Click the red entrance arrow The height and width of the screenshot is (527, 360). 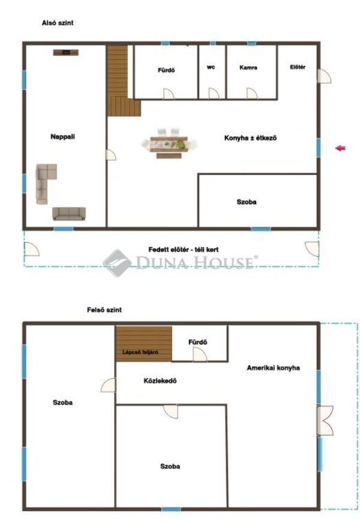pyautogui.click(x=340, y=148)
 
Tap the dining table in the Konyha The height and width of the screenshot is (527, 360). pyautogui.click(x=169, y=144)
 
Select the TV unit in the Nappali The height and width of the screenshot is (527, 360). pyautogui.click(x=66, y=52)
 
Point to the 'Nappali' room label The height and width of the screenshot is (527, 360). pyautogui.click(x=62, y=137)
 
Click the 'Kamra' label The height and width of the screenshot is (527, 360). pyautogui.click(x=248, y=68)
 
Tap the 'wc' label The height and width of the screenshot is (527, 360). pyautogui.click(x=211, y=67)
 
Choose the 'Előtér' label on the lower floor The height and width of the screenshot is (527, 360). pyautogui.click(x=298, y=67)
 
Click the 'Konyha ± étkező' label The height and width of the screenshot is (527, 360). pyautogui.click(x=250, y=138)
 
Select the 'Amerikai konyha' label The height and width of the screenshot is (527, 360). pyautogui.click(x=273, y=368)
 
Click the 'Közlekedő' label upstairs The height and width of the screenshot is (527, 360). pyautogui.click(x=160, y=381)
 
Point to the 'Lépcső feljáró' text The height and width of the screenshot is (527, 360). pyautogui.click(x=140, y=352)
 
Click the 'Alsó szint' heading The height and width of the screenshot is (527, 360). pyautogui.click(x=58, y=23)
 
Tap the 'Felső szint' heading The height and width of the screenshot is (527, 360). pyautogui.click(x=104, y=310)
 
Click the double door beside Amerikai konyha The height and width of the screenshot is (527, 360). pyautogui.click(x=325, y=421)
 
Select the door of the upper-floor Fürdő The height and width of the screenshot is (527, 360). pyautogui.click(x=200, y=354)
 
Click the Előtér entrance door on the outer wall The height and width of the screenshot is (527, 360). pyautogui.click(x=325, y=76)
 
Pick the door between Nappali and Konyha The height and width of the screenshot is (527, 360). pyautogui.click(x=111, y=155)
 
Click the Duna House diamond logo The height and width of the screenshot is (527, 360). pyautogui.click(x=117, y=263)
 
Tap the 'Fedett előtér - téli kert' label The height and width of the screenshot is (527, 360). pyautogui.click(x=184, y=250)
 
